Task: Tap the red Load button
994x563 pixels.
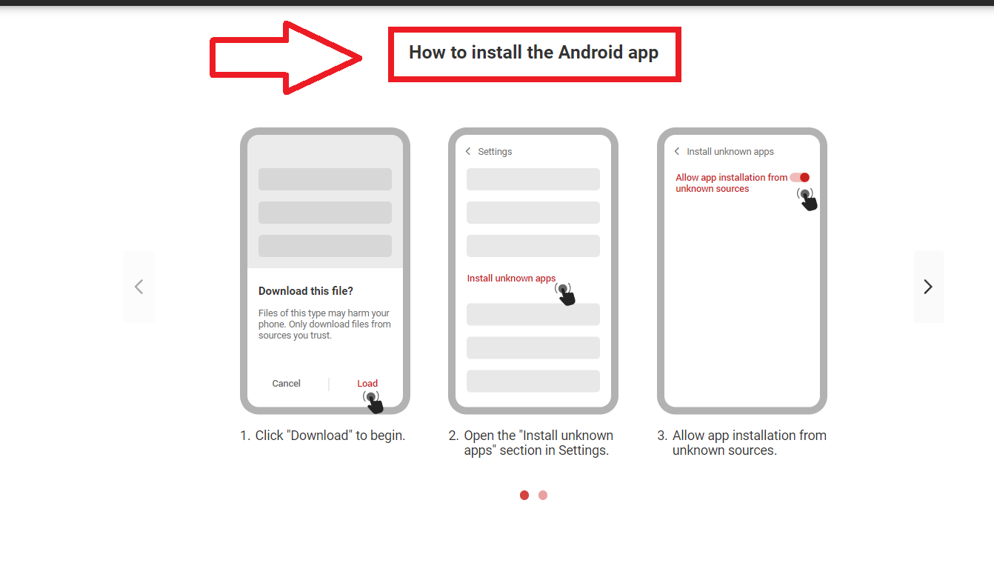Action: (x=367, y=383)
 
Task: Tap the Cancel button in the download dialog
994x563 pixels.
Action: (x=286, y=383)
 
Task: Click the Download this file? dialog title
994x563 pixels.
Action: (x=306, y=291)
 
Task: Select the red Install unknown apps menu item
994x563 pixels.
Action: (x=511, y=279)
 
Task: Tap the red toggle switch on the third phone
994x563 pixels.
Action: (x=800, y=178)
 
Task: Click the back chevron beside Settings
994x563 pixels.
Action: (x=467, y=151)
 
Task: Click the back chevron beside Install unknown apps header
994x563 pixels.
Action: (x=677, y=151)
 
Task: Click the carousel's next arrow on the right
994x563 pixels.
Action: (x=928, y=287)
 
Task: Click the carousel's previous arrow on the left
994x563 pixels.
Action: (x=139, y=287)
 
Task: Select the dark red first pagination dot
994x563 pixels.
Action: (x=524, y=495)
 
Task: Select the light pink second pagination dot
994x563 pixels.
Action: (x=543, y=495)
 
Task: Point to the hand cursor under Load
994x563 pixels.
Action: (x=373, y=402)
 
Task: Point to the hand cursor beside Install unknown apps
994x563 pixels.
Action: (x=566, y=294)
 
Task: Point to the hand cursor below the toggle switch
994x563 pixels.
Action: (x=807, y=199)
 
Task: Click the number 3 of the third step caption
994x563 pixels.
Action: (x=661, y=436)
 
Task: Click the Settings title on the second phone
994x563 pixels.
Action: (x=495, y=152)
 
